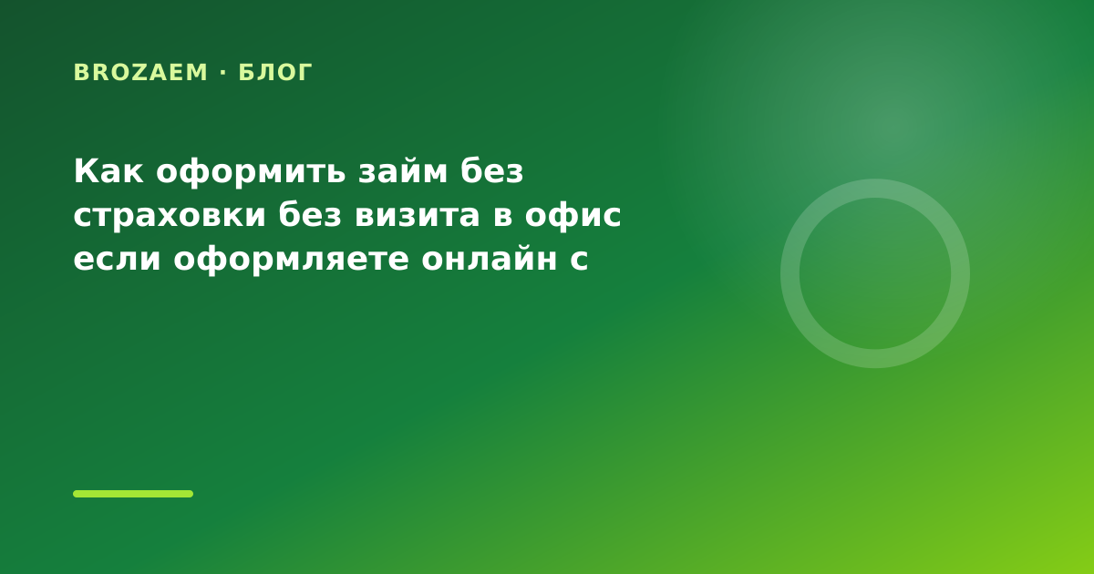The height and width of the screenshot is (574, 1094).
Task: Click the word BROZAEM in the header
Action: (140, 72)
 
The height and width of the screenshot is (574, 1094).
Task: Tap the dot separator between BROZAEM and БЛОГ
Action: (223, 72)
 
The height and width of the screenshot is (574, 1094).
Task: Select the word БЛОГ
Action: (275, 72)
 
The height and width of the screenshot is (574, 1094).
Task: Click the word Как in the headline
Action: (108, 171)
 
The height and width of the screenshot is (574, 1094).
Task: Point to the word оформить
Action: (252, 173)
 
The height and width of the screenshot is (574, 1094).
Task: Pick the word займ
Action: (403, 171)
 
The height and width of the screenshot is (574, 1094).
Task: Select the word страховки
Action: (170, 216)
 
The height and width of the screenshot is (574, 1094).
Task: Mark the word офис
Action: (573, 216)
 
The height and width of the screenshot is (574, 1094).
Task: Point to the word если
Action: (118, 259)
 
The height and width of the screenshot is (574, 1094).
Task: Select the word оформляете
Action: (291, 261)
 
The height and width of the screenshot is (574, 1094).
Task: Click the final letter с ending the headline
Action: (579, 259)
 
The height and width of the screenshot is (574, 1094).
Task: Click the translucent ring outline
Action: (790, 273)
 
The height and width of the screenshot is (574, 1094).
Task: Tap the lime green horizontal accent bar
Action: (133, 494)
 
